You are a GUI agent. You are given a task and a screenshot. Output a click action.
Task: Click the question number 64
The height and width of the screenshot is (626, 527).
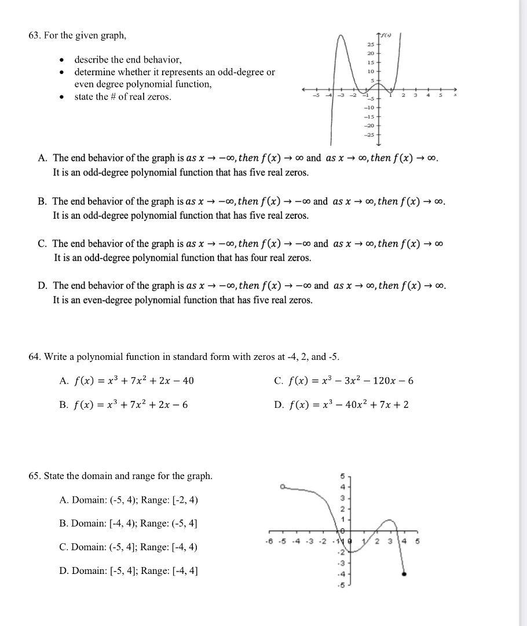point(35,357)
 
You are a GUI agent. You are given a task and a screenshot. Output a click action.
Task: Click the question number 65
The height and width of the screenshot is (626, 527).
point(35,476)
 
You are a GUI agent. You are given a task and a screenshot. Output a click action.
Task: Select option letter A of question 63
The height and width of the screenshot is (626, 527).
point(42,158)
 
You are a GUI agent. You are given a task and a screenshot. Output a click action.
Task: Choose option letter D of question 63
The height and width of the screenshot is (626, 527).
point(42,286)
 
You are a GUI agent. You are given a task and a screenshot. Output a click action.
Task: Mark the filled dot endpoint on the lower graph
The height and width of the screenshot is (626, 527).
point(404,574)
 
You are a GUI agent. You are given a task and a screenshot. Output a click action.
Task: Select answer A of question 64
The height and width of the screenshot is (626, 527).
point(64,381)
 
